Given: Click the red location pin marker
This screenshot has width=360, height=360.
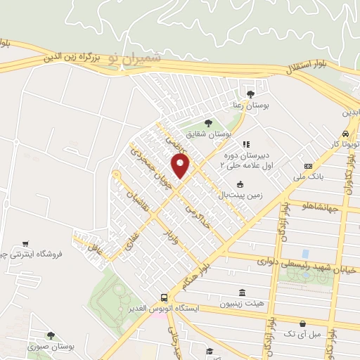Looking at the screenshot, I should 181,167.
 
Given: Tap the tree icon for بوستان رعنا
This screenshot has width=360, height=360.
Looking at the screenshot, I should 250,94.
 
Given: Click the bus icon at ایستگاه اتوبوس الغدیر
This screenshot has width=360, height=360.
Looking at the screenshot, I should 164,297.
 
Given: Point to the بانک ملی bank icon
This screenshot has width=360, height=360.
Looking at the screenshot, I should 307,166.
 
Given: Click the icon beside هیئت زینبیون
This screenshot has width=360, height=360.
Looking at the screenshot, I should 242,292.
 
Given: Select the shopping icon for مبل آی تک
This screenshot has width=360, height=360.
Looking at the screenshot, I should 302,324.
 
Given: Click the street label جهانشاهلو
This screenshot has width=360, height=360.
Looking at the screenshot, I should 321,207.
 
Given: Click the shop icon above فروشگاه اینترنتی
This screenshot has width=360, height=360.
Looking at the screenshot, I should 25,243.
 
